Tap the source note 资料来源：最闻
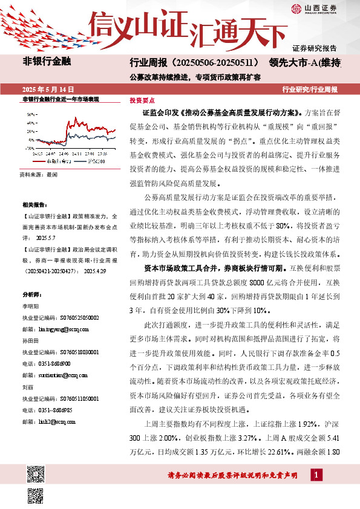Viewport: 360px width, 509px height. tap(39, 174)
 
